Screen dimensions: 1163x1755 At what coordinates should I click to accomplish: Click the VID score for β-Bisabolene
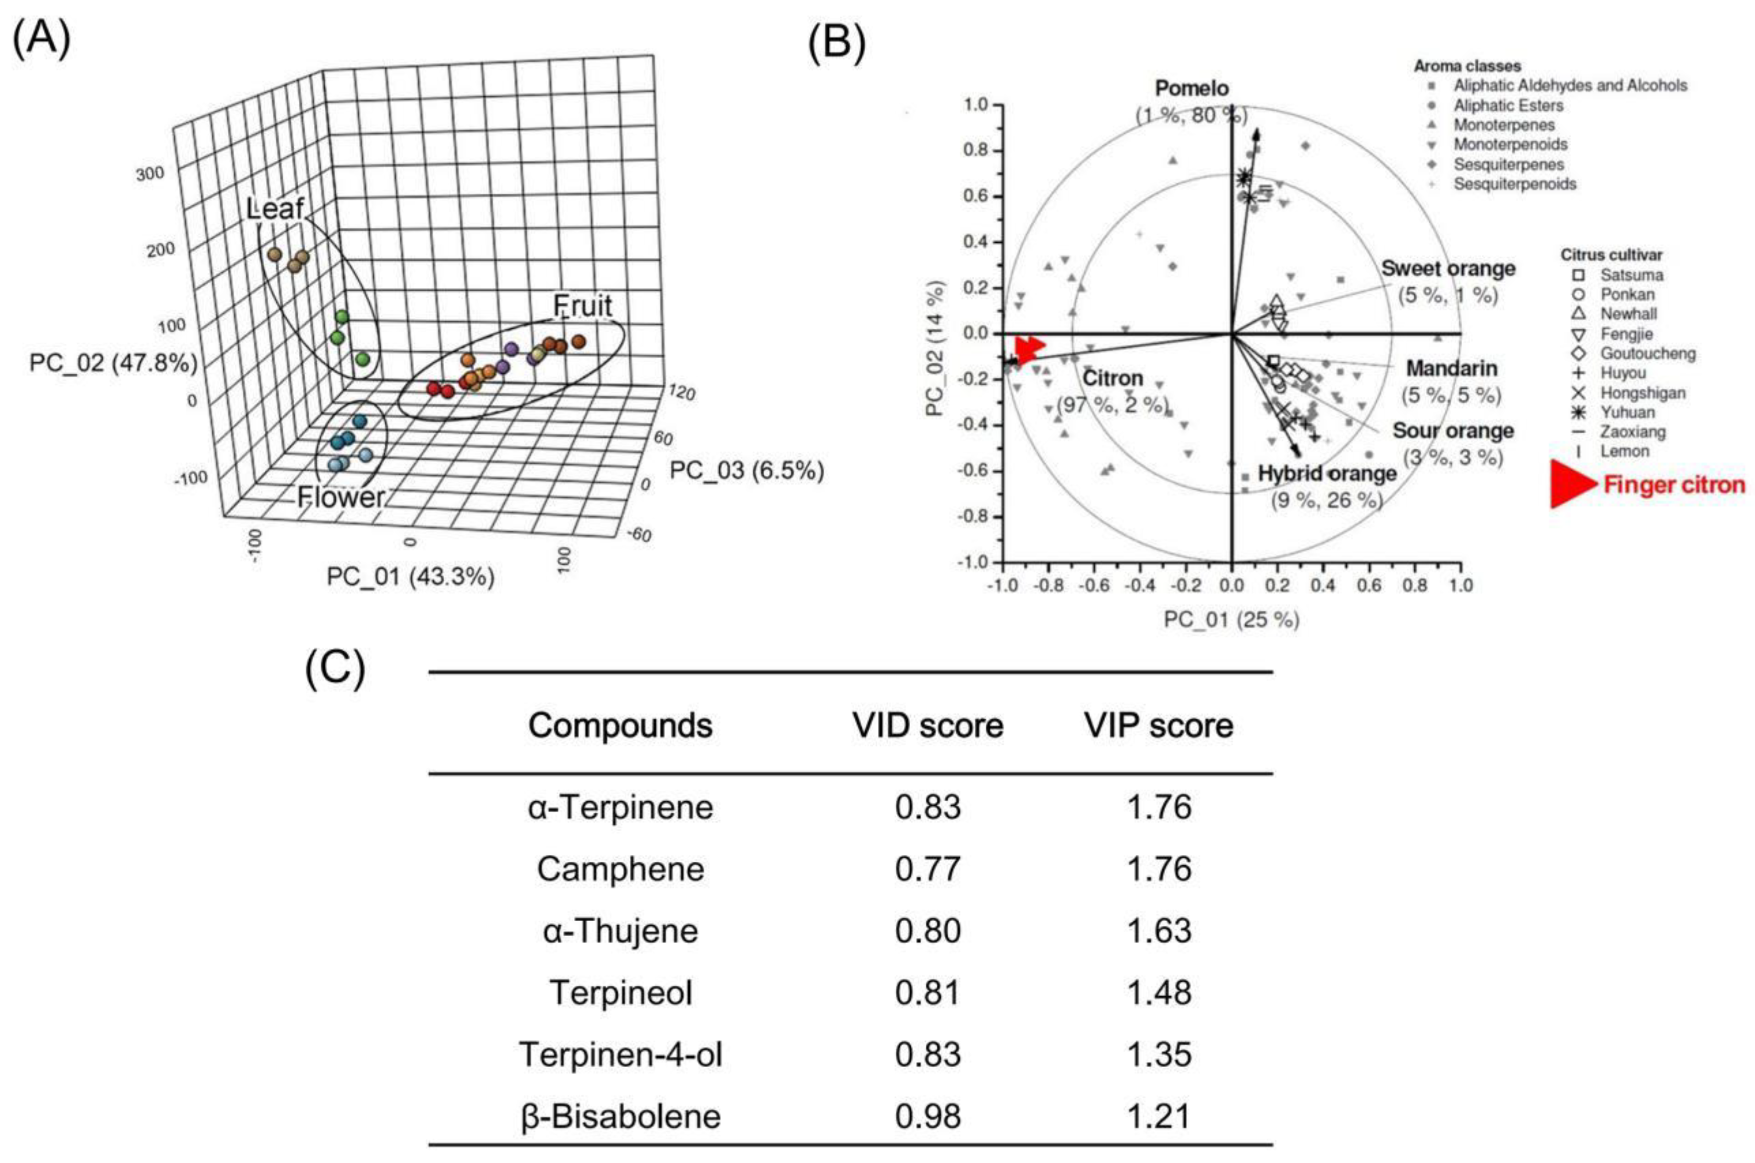[927, 1116]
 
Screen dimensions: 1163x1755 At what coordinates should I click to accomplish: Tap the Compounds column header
[620, 725]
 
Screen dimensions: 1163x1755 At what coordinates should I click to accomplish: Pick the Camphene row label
[620, 869]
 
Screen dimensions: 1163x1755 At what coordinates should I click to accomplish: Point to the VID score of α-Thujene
[927, 931]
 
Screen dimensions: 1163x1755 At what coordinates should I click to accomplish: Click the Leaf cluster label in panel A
[275, 208]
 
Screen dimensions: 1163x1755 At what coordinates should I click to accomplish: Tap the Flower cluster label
[341, 497]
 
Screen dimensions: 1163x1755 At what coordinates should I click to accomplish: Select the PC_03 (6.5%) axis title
[746, 470]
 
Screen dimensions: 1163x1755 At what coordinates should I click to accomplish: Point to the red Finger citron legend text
[1674, 485]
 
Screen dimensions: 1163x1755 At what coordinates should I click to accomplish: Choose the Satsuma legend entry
[1631, 275]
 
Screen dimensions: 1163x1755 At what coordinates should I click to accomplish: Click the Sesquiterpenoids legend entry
[1514, 184]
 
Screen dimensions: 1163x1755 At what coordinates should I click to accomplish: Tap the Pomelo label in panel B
[1191, 88]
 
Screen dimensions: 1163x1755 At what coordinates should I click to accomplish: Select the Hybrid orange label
[1327, 473]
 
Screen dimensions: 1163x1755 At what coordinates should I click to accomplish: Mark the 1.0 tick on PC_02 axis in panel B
[976, 105]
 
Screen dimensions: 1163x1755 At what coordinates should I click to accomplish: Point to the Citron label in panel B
[1113, 378]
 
